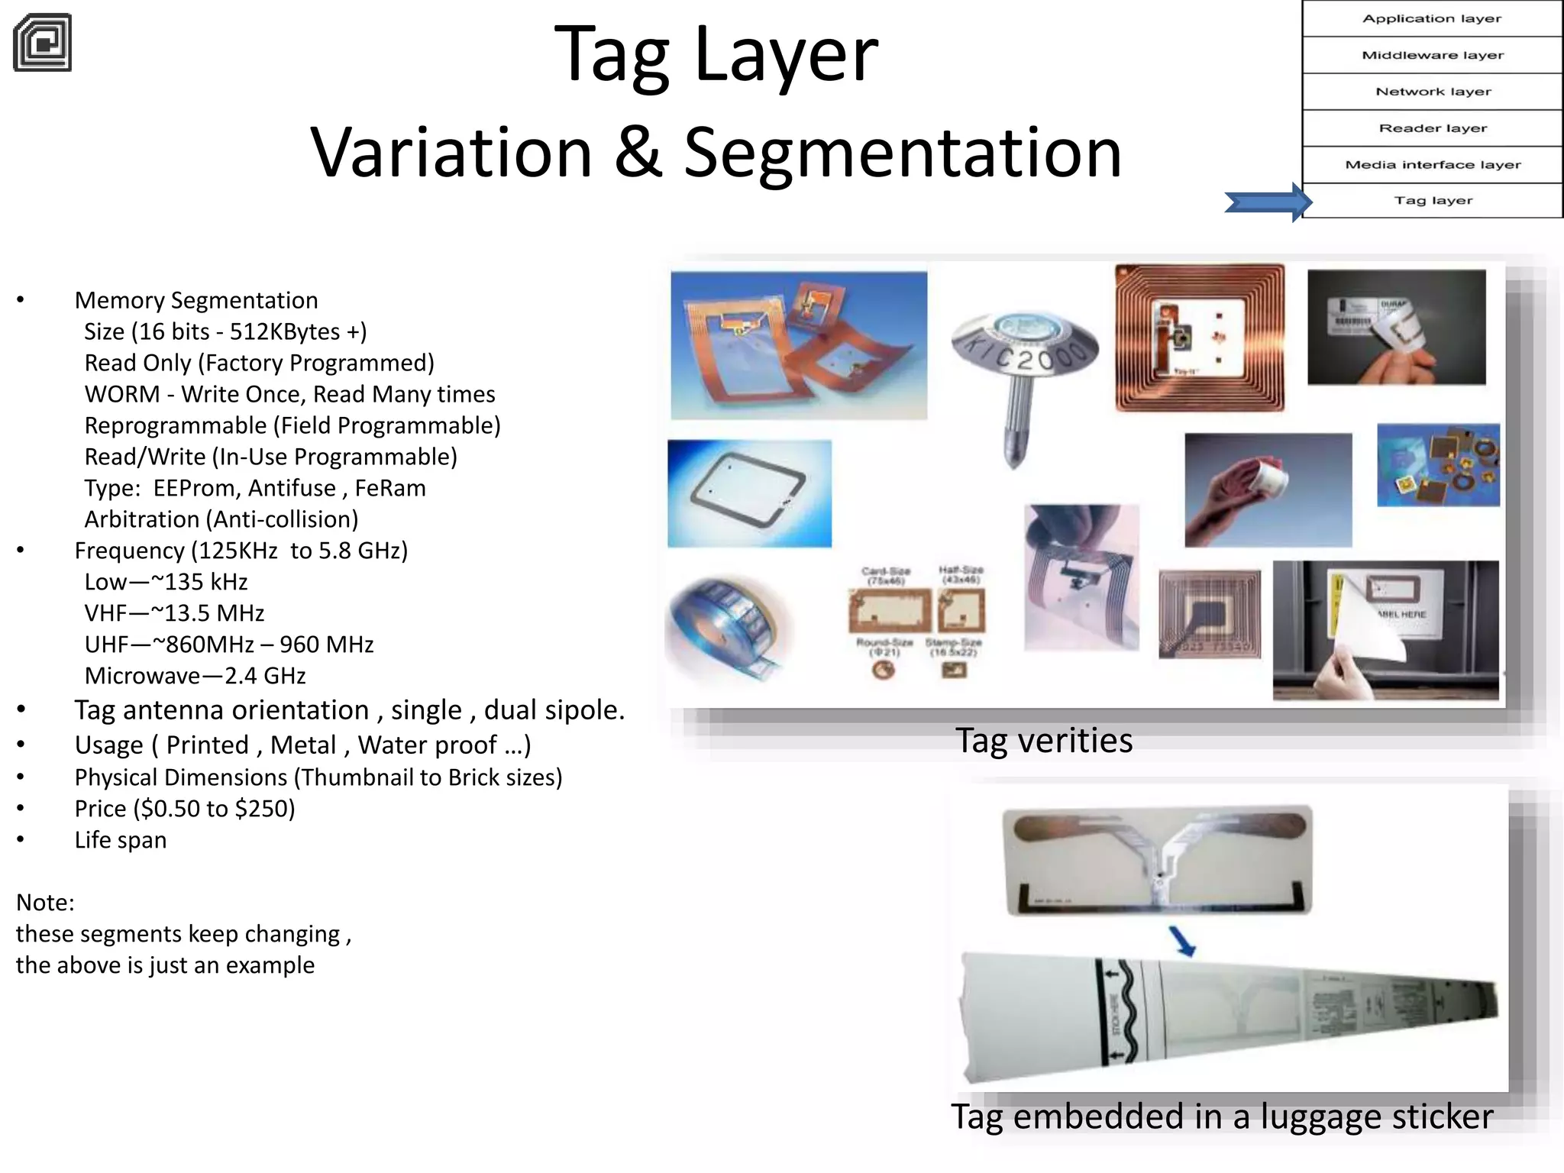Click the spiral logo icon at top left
click(x=43, y=43)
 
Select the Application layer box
click(x=1432, y=18)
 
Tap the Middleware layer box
click(x=1432, y=55)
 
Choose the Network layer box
click(x=1432, y=92)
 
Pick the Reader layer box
click(x=1432, y=128)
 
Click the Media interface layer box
click(x=1432, y=165)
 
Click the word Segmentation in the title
click(x=903, y=153)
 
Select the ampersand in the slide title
click(x=638, y=153)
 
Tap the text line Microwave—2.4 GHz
click(x=195, y=676)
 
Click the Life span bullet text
click(x=121, y=840)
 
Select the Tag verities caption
click(x=1043, y=741)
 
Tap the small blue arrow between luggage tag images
click(x=1182, y=940)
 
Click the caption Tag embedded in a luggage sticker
click(x=1222, y=1116)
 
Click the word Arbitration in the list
click(x=141, y=519)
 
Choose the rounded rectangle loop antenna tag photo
click(x=749, y=493)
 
